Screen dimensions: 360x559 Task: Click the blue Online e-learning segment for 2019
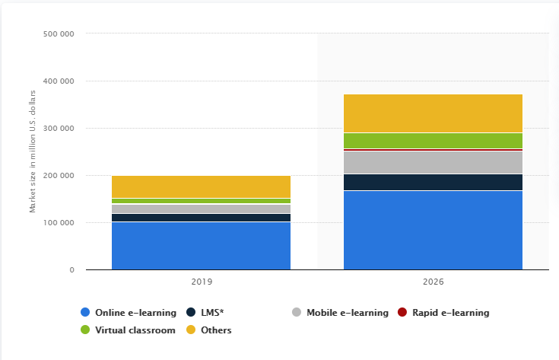[x=201, y=246]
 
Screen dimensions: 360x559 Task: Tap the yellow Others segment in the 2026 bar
[x=433, y=113]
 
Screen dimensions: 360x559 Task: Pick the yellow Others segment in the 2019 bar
[x=201, y=186]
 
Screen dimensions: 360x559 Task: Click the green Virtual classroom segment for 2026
[x=433, y=141]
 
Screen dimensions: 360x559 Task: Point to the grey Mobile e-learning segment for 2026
[x=433, y=163]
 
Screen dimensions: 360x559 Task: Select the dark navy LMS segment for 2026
[x=433, y=182]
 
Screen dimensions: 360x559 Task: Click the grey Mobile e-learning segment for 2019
[x=201, y=209]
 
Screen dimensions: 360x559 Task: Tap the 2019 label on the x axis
[x=201, y=282]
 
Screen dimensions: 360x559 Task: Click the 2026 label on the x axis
[x=433, y=282]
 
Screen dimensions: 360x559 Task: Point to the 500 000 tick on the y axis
[x=58, y=34]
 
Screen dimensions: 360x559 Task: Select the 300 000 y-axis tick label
[x=58, y=129]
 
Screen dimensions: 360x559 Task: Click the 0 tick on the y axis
[x=71, y=270]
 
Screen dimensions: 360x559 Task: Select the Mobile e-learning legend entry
[x=347, y=312]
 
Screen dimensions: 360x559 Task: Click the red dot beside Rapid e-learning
[x=403, y=312]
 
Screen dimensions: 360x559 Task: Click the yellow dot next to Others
[x=192, y=330]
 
